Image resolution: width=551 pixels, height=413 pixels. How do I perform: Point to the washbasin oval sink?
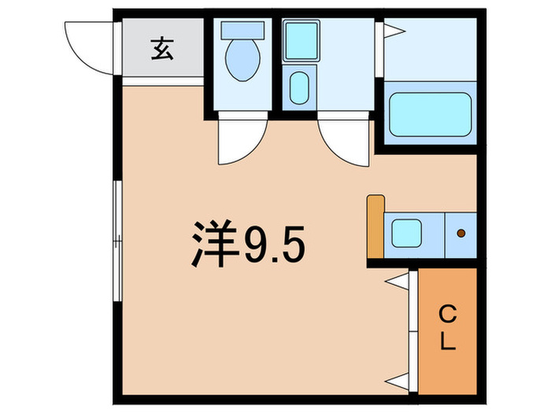pos(299,87)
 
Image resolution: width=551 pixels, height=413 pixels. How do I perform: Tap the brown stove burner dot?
pos(461,234)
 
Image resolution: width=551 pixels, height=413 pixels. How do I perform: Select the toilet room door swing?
pos(236,140)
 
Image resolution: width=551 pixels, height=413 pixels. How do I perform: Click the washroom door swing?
pos(345,142)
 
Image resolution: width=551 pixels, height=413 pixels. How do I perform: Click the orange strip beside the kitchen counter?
pos(375,227)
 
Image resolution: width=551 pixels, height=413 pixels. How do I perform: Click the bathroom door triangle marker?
pos(393,31)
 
